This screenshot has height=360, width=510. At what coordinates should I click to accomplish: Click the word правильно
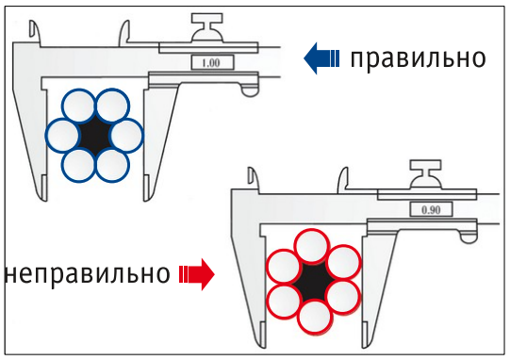[418, 58]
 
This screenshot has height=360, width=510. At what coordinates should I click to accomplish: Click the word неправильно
[88, 274]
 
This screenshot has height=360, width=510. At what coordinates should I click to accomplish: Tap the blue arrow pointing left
[321, 58]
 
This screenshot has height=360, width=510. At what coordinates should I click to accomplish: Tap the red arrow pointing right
[197, 274]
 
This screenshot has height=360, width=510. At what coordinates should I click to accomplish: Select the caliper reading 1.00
[211, 62]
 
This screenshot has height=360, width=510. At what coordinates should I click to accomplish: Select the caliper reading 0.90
[431, 210]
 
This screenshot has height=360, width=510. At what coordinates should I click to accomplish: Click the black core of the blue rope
[95, 136]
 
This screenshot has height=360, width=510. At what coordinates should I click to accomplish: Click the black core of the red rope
[314, 281]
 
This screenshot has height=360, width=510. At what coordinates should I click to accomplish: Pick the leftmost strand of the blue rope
[62, 136]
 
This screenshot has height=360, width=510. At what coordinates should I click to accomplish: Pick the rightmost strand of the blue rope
[127, 136]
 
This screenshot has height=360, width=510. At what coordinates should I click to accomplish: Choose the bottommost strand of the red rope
[315, 316]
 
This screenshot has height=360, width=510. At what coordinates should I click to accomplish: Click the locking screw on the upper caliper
[206, 26]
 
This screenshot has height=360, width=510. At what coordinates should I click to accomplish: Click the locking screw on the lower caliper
[426, 173]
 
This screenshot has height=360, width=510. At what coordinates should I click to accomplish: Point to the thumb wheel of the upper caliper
[250, 90]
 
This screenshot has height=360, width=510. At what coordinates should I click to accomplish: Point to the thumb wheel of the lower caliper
[469, 236]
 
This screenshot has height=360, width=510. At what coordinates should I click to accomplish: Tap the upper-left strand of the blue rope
[79, 106]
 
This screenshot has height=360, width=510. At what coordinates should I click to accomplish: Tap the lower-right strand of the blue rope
[112, 165]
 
